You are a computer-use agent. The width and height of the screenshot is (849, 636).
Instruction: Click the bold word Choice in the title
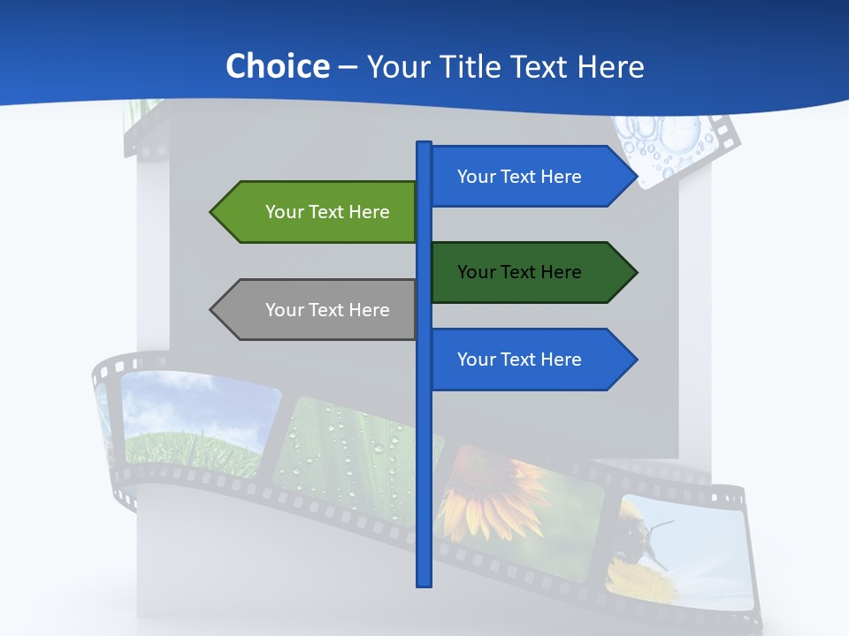(x=277, y=66)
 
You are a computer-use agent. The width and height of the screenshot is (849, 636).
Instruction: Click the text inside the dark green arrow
(x=519, y=272)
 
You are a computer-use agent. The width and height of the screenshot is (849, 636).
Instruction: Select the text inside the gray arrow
(x=327, y=310)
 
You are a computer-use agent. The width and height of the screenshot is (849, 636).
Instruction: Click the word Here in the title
(x=610, y=67)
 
